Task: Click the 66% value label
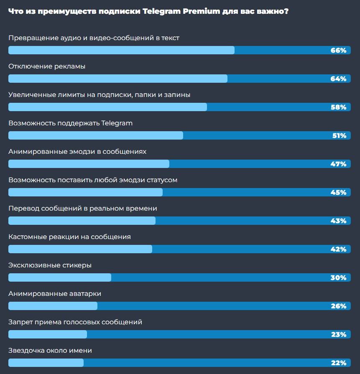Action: click(x=338, y=51)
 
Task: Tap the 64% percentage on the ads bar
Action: click(x=338, y=79)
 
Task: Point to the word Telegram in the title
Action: click(x=161, y=11)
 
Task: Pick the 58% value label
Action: click(x=338, y=107)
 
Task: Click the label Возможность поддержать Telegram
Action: click(x=70, y=123)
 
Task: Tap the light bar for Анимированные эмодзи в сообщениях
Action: click(x=89, y=164)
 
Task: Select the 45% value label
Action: click(x=338, y=193)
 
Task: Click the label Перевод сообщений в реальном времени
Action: click(x=83, y=209)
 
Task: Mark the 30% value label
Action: click(x=338, y=278)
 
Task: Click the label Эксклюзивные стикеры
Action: click(x=50, y=265)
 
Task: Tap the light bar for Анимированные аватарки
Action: click(x=53, y=306)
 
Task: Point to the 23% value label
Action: click(x=338, y=335)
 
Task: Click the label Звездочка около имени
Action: click(x=50, y=351)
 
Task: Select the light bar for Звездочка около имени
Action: click(x=46, y=363)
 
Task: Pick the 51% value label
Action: click(x=338, y=136)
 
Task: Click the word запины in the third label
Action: click(x=177, y=95)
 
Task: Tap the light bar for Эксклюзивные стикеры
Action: click(x=60, y=278)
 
